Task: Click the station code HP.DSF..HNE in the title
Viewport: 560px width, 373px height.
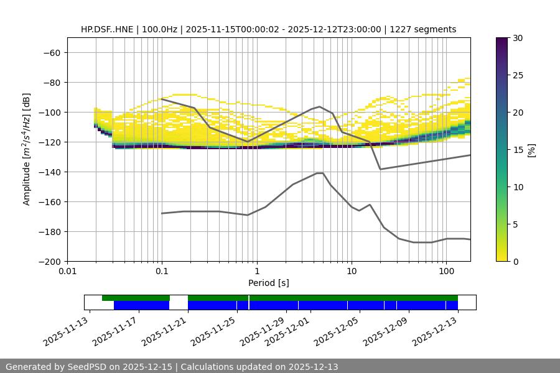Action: [109, 29]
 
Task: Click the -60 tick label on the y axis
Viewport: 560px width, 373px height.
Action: [51, 52]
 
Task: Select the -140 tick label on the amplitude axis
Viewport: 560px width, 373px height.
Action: [49, 172]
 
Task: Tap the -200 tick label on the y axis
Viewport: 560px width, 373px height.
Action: [49, 261]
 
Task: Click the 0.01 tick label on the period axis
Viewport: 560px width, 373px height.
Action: [67, 272]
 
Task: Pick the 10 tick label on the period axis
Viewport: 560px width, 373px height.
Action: [351, 272]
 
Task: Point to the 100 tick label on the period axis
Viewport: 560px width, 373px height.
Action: [446, 272]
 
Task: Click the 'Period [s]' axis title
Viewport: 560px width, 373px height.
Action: [268, 283]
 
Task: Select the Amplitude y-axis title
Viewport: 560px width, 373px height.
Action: [26, 149]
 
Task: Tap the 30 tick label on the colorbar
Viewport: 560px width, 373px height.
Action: [518, 38]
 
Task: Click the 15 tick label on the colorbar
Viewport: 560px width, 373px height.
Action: [518, 149]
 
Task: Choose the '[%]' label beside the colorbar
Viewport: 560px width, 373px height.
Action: [531, 149]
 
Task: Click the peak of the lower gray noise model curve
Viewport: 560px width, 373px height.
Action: [320, 173]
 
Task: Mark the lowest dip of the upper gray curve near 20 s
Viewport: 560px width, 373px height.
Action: [380, 169]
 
